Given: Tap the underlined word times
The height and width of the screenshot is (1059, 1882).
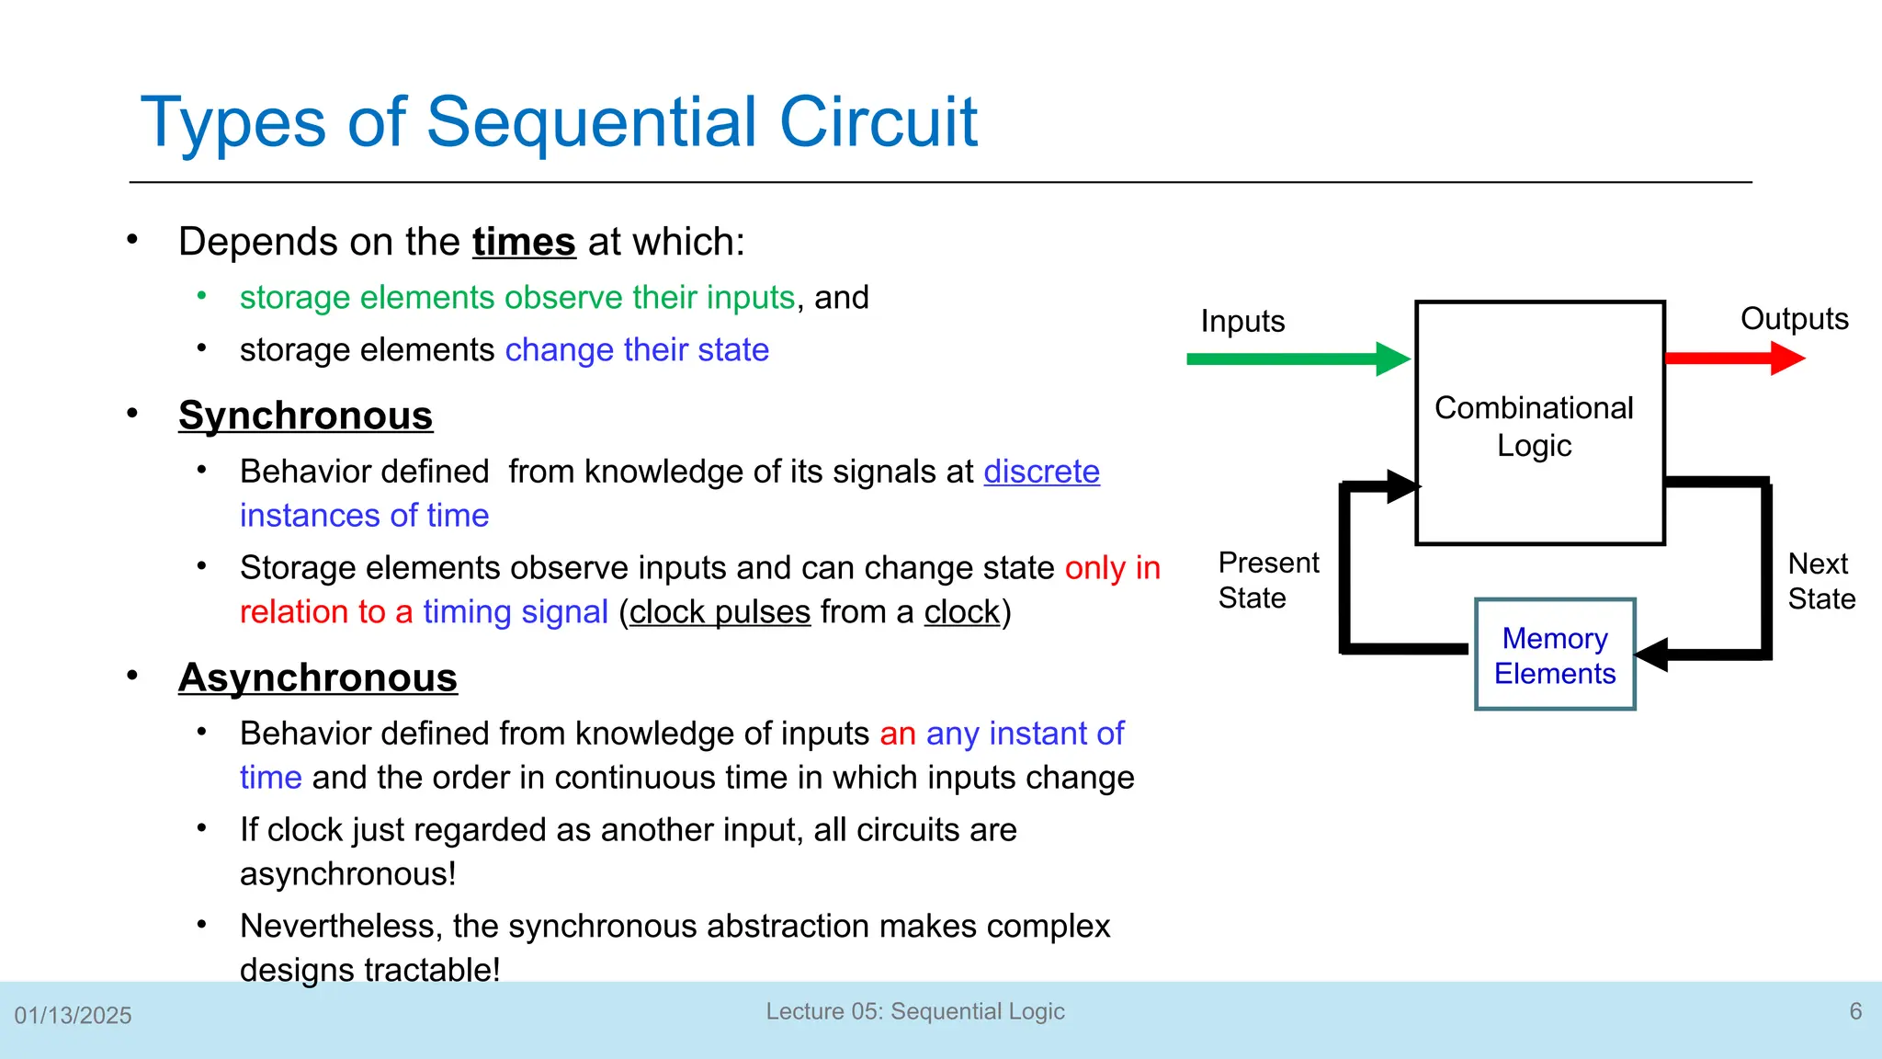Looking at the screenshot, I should click(x=524, y=242).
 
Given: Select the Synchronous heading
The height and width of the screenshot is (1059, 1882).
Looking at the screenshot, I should click(x=305, y=416).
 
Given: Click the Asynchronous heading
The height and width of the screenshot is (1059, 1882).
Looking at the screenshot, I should click(x=317, y=678).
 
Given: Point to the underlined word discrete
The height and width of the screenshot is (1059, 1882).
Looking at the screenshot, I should click(x=1041, y=472).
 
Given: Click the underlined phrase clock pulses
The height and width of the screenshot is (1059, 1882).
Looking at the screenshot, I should click(x=720, y=612).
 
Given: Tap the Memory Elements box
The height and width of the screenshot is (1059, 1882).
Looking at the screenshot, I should click(x=1555, y=655).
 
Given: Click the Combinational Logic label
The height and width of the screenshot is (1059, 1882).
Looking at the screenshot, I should click(x=1534, y=427).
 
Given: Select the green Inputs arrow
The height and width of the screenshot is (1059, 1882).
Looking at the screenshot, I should click(x=1296, y=359).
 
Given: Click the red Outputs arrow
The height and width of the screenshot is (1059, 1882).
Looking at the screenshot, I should click(x=1732, y=359).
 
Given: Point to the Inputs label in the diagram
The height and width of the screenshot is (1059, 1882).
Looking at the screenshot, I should click(x=1242, y=322).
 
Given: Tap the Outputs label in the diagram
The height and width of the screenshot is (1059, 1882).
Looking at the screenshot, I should click(x=1794, y=319).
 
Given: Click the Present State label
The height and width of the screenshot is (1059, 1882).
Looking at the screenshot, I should click(x=1267, y=580).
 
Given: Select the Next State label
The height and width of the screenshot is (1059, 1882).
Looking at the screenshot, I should click(x=1820, y=581).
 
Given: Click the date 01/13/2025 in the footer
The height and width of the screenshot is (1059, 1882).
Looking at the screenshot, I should click(x=73, y=1016).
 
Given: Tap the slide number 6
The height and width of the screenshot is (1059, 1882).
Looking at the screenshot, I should click(x=1855, y=1011).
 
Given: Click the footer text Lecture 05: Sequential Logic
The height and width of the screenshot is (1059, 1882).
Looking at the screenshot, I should click(x=915, y=1011).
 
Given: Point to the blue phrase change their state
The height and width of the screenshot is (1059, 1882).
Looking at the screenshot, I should click(x=637, y=350).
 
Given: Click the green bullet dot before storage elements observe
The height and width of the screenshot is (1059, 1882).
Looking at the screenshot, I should click(x=201, y=296).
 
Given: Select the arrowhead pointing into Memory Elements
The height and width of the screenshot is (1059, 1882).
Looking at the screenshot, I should click(x=1652, y=655).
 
